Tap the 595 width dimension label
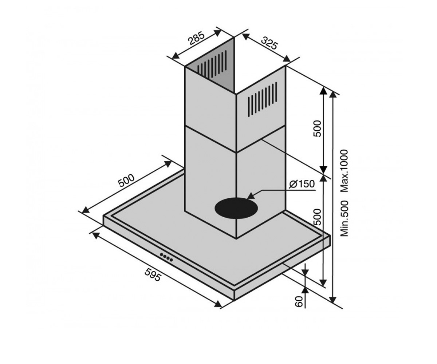(x=153, y=275)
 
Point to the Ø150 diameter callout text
(x=302, y=184)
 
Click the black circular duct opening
(x=236, y=208)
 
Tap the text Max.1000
(x=344, y=171)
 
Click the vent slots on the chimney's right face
(x=263, y=99)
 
